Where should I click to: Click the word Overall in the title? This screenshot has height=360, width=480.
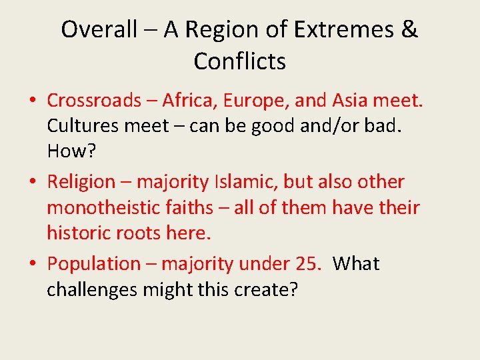click(x=99, y=30)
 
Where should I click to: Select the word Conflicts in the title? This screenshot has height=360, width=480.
click(x=239, y=62)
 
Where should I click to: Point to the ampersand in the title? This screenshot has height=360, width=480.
click(x=410, y=30)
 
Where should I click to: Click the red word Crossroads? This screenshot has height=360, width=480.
click(x=94, y=101)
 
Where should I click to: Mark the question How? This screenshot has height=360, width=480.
click(x=71, y=151)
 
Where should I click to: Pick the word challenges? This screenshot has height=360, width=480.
click(x=99, y=289)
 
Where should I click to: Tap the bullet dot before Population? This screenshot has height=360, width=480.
click(x=32, y=265)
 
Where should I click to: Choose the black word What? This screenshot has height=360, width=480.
click(x=356, y=264)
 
